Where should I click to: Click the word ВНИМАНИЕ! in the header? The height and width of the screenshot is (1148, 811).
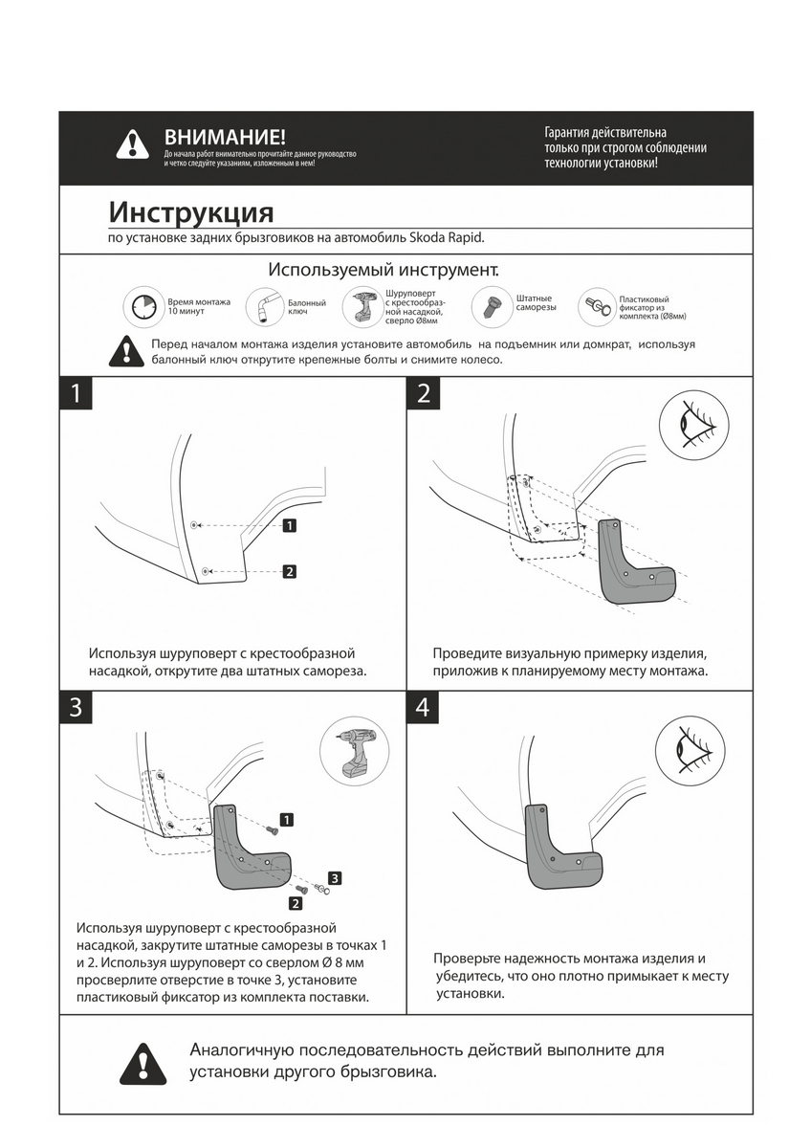pyautogui.click(x=225, y=138)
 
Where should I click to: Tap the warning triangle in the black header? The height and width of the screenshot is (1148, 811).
pyautogui.click(x=132, y=144)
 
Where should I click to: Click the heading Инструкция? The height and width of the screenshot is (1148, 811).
pyautogui.click(x=191, y=211)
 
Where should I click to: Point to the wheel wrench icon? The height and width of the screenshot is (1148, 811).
pyautogui.click(x=264, y=307)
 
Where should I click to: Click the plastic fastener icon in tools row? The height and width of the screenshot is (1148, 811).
pyautogui.click(x=598, y=306)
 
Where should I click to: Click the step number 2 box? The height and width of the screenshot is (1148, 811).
pyautogui.click(x=424, y=394)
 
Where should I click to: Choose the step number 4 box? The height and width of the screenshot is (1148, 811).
pyautogui.click(x=424, y=708)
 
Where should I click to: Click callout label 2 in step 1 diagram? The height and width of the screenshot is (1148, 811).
pyautogui.click(x=289, y=572)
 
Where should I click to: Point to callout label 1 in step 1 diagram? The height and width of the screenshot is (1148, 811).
pyautogui.click(x=289, y=525)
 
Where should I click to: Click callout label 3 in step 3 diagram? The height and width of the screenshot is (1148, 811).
pyautogui.click(x=335, y=877)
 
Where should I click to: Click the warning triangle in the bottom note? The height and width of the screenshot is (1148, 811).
pyautogui.click(x=140, y=1063)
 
